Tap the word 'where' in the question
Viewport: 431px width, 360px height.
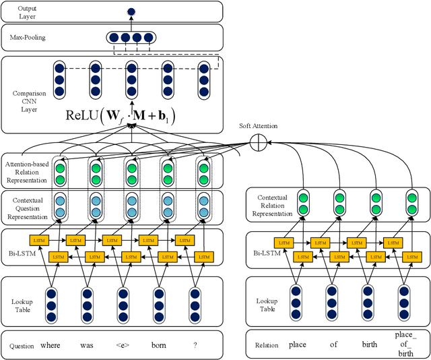point(51,345)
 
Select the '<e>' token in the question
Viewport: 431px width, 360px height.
point(123,345)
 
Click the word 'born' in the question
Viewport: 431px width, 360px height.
point(158,345)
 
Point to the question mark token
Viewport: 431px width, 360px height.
point(195,345)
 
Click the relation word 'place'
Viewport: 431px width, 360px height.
point(297,345)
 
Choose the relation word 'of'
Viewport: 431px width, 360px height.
point(333,345)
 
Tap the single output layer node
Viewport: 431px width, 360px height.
point(131,11)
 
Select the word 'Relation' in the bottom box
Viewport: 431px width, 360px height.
point(266,345)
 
